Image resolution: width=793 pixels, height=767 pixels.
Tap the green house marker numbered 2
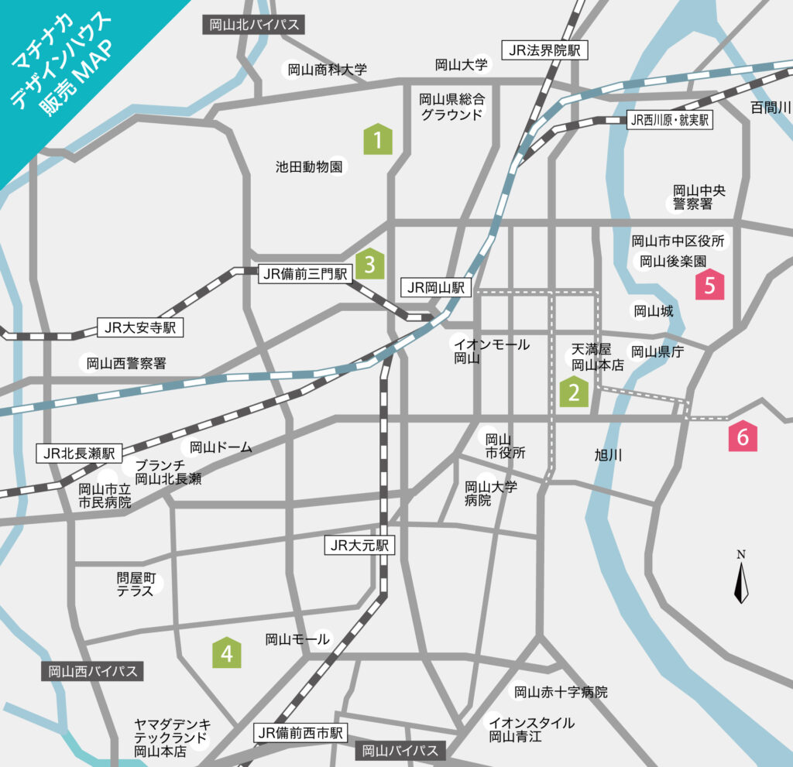575,392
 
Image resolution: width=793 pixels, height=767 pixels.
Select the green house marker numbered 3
370,264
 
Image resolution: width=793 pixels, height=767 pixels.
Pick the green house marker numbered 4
227,653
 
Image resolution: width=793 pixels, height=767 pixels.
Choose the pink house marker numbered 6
743,437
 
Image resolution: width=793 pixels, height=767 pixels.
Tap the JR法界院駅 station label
545,51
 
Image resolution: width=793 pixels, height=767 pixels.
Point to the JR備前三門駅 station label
305,272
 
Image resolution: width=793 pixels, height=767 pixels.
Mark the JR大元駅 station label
359,546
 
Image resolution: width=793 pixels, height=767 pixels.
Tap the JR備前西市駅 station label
301,732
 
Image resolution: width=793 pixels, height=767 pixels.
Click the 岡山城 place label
654,312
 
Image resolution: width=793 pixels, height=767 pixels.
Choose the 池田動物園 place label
309,166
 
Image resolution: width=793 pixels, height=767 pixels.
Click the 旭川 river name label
608,455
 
